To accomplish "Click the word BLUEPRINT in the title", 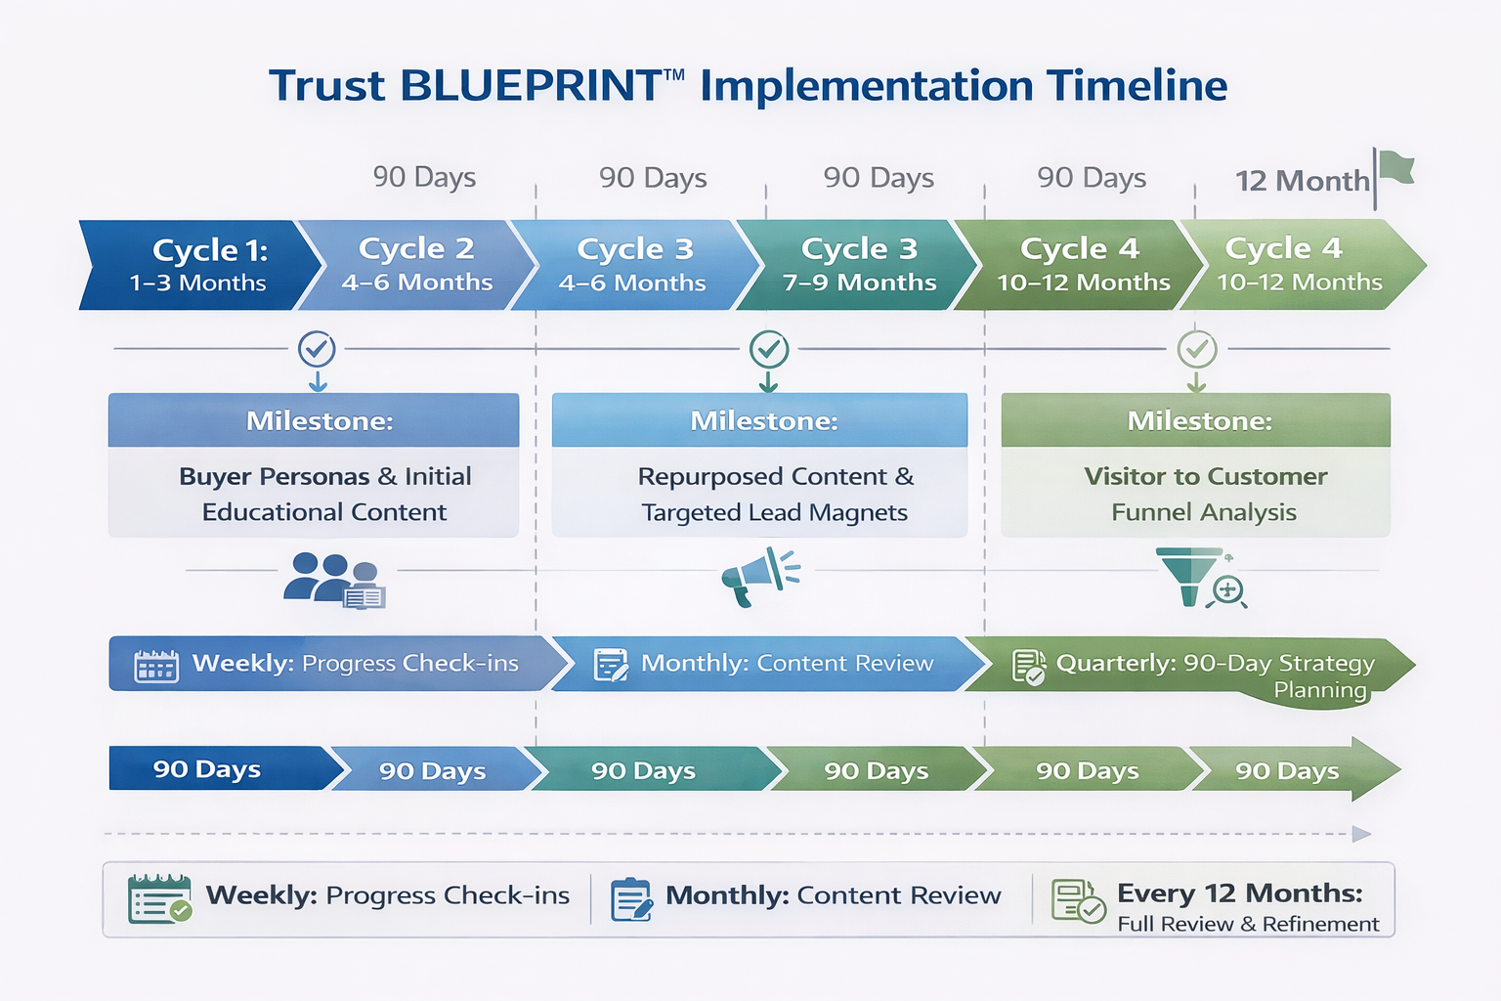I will (x=531, y=86).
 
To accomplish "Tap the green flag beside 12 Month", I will (x=1396, y=169).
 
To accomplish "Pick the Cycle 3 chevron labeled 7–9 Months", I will (x=858, y=265).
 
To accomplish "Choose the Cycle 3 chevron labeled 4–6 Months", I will (x=634, y=265).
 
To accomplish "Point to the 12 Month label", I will (x=1302, y=181).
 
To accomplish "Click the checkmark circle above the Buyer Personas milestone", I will (x=317, y=348).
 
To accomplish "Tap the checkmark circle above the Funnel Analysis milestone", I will (x=1196, y=348).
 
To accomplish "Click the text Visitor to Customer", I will (x=1205, y=476).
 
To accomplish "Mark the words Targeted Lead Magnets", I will (x=774, y=512).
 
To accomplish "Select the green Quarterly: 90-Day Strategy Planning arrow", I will (x=1192, y=666).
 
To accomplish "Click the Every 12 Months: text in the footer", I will (x=1239, y=892).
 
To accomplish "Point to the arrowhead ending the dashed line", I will (x=1361, y=834).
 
